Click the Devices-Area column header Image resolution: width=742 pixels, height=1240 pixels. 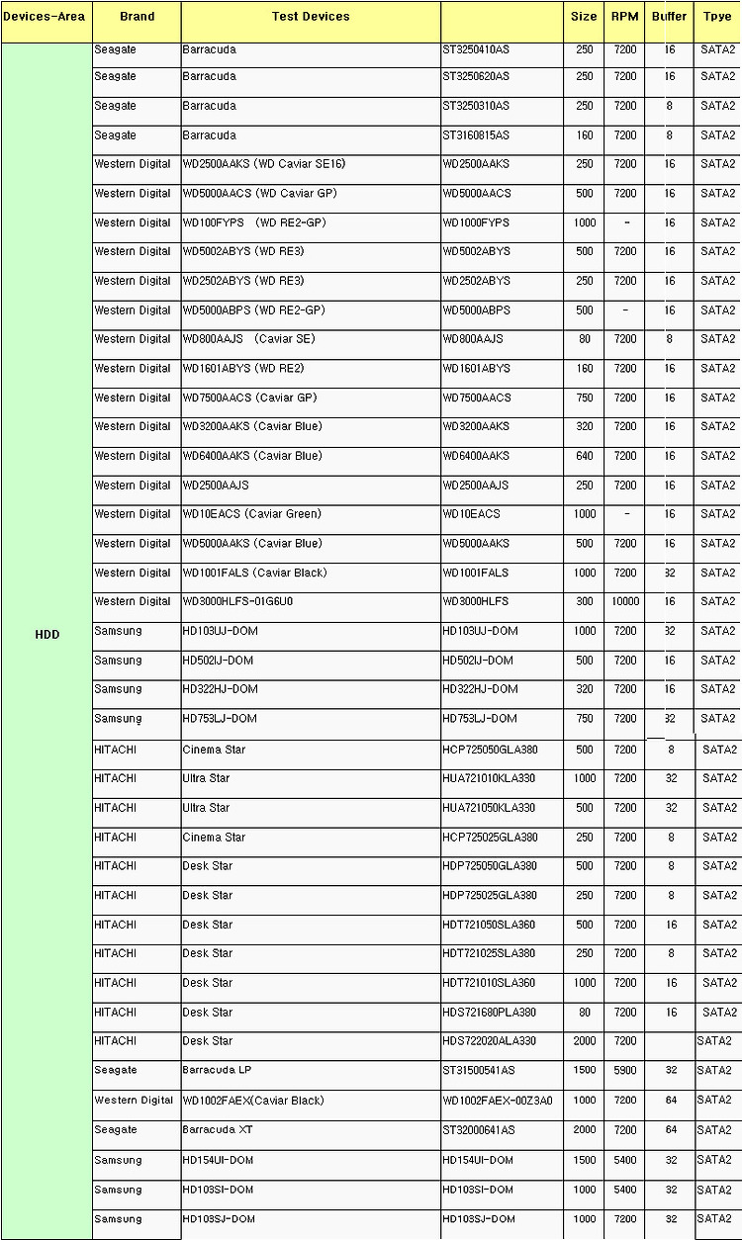click(45, 17)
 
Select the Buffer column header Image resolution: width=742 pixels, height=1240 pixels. click(670, 17)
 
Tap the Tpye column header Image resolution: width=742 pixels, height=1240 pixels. click(717, 17)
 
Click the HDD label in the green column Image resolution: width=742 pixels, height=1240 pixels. click(46, 635)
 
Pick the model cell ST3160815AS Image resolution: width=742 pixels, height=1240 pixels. click(476, 135)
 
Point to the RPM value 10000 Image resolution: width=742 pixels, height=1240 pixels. click(625, 601)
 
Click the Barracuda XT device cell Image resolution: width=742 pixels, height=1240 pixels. click(211, 1129)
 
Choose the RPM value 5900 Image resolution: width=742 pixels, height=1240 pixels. click(625, 1071)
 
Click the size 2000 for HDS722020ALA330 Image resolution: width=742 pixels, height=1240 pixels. click(585, 1041)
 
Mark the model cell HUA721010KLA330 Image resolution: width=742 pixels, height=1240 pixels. click(489, 778)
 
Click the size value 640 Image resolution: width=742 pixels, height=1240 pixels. click(585, 456)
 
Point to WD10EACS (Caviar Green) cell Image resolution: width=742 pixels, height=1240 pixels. click(238, 514)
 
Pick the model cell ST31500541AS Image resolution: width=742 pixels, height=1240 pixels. click(479, 1071)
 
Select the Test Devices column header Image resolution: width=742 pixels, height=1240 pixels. click(311, 17)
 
